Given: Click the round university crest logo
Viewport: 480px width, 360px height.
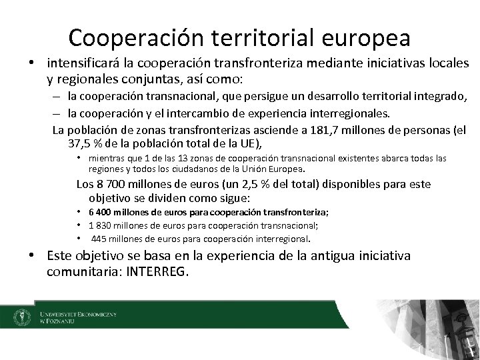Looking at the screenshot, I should pyautogui.click(x=21, y=316).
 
